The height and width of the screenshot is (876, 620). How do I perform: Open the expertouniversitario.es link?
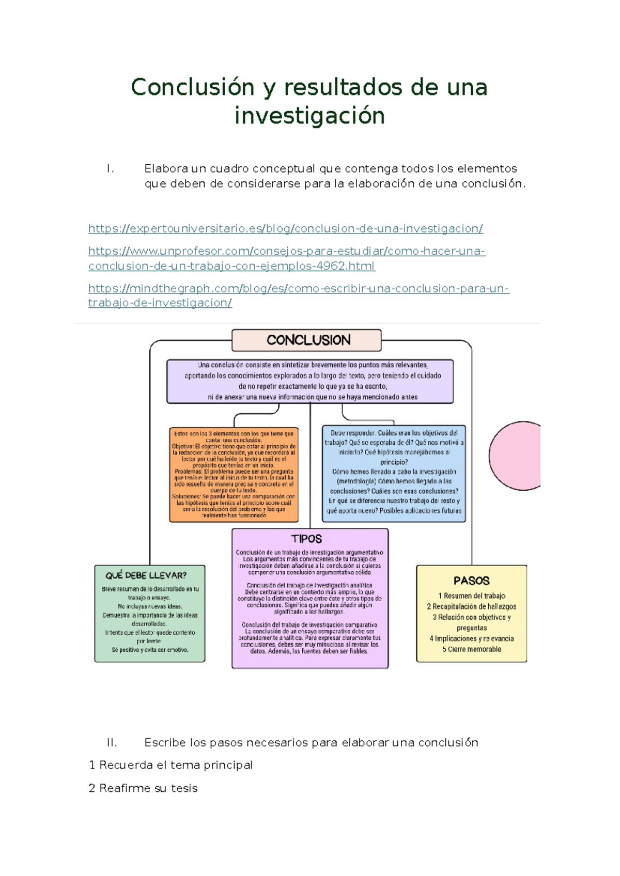[285, 228]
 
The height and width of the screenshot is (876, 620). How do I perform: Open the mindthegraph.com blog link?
[298, 288]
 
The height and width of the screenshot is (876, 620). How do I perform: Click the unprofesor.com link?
[286, 251]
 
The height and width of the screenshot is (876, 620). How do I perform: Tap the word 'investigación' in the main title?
[309, 116]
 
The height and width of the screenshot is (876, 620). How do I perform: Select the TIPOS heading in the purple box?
[306, 539]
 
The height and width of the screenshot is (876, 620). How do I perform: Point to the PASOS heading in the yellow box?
[471, 581]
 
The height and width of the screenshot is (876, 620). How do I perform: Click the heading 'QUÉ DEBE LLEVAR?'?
[146, 575]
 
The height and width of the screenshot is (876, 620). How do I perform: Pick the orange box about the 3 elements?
[234, 474]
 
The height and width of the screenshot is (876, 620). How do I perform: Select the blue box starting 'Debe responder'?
[394, 472]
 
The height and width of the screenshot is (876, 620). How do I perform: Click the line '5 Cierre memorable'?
[471, 649]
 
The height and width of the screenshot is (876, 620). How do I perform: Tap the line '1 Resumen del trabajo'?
[471, 596]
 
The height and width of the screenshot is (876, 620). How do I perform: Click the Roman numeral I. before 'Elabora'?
[110, 168]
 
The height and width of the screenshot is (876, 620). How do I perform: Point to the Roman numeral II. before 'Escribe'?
[112, 743]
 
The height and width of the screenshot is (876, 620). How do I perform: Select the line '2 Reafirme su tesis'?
[143, 788]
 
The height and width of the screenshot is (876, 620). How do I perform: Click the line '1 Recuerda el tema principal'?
[171, 765]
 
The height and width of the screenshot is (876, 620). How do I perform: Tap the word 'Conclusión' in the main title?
[192, 87]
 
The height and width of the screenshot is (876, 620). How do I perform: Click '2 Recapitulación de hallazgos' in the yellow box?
[471, 606]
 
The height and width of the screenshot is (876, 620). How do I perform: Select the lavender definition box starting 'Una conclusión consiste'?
[310, 381]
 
